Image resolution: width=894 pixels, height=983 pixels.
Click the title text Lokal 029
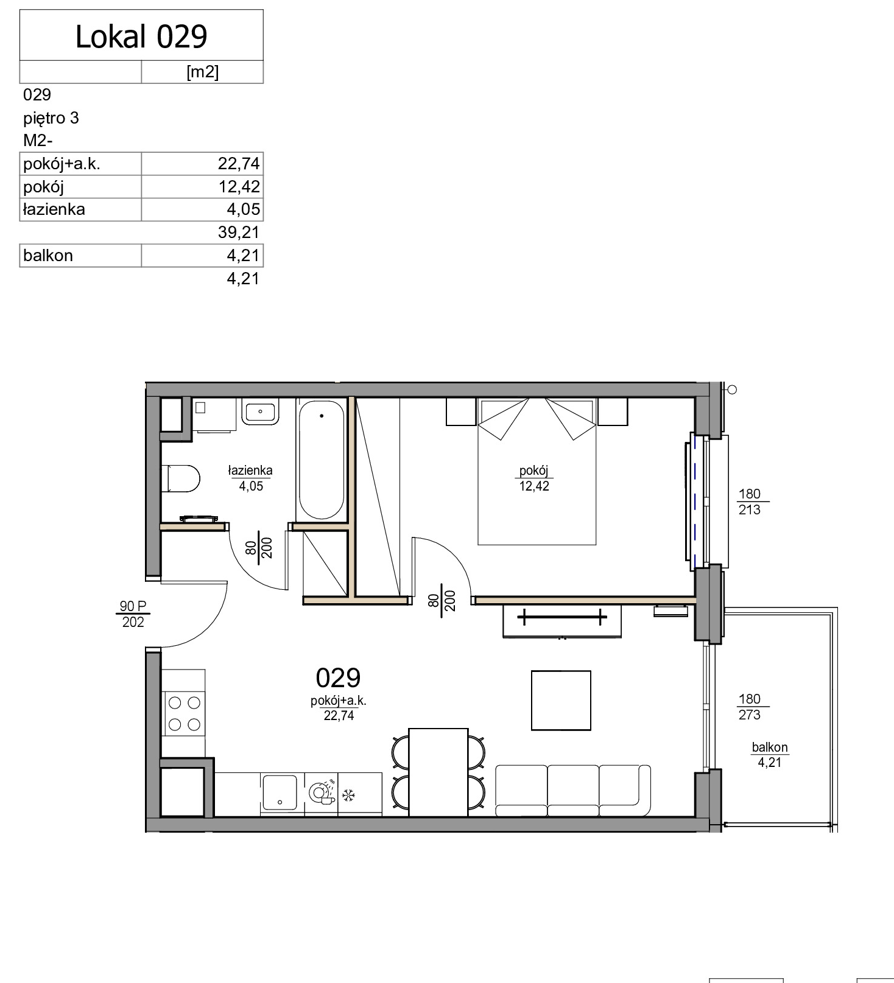click(x=141, y=37)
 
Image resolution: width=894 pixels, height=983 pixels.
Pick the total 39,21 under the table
click(x=239, y=232)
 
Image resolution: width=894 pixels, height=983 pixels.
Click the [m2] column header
click(x=202, y=72)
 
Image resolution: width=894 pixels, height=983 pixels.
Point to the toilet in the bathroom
click(x=181, y=478)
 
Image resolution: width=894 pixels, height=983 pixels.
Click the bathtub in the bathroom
click(x=321, y=460)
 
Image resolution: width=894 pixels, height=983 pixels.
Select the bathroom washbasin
click(x=260, y=411)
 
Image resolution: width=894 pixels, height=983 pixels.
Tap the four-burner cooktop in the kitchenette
click(x=184, y=713)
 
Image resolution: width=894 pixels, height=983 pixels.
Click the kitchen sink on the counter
click(x=279, y=792)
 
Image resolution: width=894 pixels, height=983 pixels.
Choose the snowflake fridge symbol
click(x=349, y=795)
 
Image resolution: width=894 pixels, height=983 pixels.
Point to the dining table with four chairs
click(x=438, y=772)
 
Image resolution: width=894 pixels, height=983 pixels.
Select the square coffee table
click(x=561, y=700)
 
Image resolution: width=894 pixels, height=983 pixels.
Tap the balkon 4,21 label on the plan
click(x=770, y=755)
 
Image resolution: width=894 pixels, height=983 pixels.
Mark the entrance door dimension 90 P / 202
click(x=133, y=614)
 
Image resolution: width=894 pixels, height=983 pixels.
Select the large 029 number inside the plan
click(x=338, y=677)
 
